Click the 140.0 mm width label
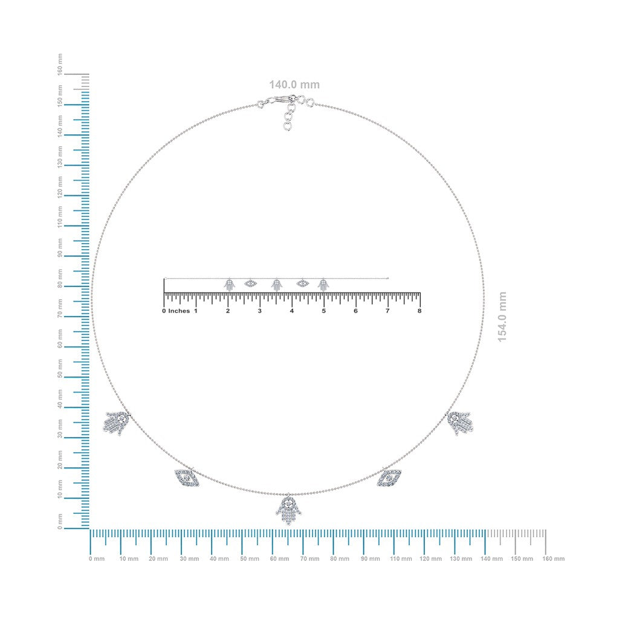coord(294,85)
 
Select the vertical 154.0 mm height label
coord(502,317)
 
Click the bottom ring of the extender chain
coord(287,126)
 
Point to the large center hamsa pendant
coord(288,510)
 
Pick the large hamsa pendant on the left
coord(117,423)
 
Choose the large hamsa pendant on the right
coord(460,423)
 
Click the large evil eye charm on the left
coord(187,478)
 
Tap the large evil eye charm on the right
coord(389,478)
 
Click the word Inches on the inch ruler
coord(179,311)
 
